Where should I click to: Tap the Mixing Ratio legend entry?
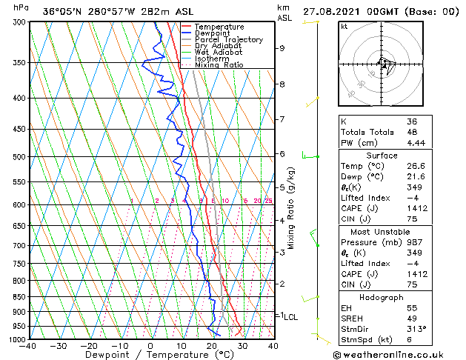coord(219,65)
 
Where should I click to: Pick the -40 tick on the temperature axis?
coord(27,346)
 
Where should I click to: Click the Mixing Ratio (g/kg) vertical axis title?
coord(291,208)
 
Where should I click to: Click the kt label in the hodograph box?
coord(344,26)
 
